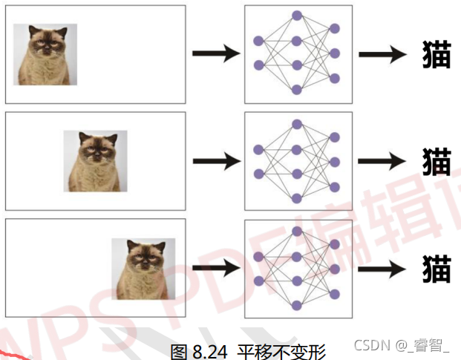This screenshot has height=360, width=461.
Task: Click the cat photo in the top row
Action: [x=45, y=54]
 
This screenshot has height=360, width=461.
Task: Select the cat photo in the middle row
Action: [x=95, y=161]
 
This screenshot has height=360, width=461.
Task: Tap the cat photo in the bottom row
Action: [x=143, y=268]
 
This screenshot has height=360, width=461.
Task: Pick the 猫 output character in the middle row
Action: [x=436, y=161]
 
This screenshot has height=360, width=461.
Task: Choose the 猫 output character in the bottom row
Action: [x=436, y=268]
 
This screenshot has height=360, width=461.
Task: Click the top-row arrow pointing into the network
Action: [x=215, y=54]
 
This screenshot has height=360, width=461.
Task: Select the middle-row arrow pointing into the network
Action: [x=215, y=161]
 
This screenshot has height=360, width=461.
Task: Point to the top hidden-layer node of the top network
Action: [x=297, y=16]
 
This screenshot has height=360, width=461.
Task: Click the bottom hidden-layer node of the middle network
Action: [x=297, y=198]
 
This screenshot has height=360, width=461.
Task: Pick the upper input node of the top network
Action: [x=258, y=41]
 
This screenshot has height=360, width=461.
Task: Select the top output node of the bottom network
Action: [x=335, y=244]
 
